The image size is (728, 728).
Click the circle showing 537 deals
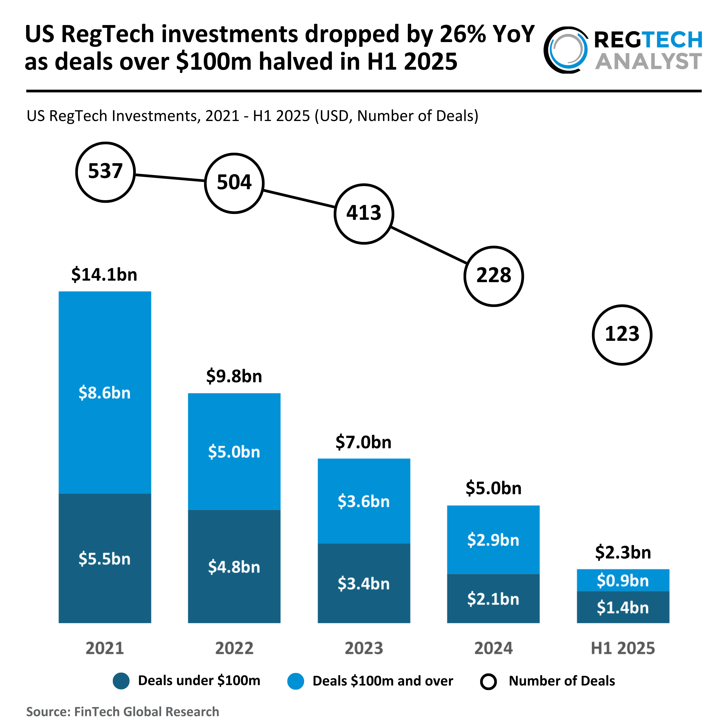(x=105, y=172)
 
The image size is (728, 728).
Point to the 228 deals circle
(x=493, y=276)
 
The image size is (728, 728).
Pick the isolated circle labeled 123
(x=622, y=335)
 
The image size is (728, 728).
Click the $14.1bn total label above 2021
(x=104, y=274)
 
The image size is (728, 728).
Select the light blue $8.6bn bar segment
(x=105, y=393)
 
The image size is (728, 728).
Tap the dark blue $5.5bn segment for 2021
(x=105, y=558)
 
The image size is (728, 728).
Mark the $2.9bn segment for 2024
(x=493, y=540)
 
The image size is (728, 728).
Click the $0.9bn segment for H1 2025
(x=623, y=580)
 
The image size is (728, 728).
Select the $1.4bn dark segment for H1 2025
(x=623, y=607)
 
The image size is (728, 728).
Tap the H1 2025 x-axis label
(x=623, y=648)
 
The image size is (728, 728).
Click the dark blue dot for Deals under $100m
(x=121, y=681)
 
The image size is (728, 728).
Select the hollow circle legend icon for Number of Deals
(x=488, y=681)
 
